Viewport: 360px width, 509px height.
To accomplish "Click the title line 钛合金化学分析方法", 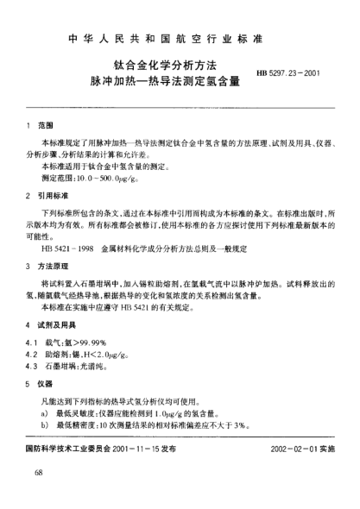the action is click(164, 65).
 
